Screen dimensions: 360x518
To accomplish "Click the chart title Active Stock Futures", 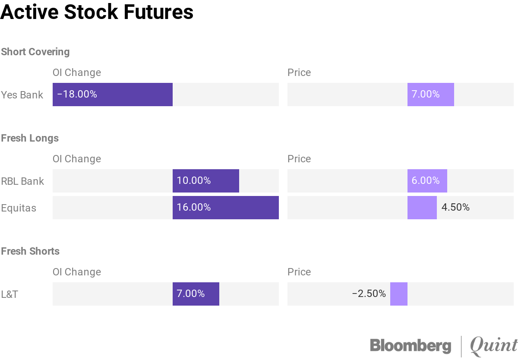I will click(x=97, y=12).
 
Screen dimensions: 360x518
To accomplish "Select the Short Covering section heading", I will click(x=35, y=52).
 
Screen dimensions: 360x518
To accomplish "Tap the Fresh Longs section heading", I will click(x=30, y=138).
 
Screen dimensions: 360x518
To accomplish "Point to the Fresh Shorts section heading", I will click(x=30, y=251).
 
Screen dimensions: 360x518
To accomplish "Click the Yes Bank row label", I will click(x=22, y=95).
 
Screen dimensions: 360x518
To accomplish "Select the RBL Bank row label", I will click(x=22, y=181).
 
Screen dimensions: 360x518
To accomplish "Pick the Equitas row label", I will click(x=19, y=208).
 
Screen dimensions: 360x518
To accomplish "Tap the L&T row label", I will click(x=9, y=294).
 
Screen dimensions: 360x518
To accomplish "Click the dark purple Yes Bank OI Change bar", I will click(x=113, y=95).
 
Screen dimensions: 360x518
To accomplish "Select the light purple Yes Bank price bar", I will click(x=430, y=95).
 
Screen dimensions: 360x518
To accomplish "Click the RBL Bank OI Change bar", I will click(x=205, y=181).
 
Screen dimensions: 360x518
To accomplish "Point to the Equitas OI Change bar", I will click(x=225, y=208).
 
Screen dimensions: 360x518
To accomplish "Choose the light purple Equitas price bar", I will click(x=422, y=208).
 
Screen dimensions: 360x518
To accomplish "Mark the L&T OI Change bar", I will click(x=196, y=294).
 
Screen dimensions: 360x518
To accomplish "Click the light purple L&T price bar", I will click(x=398, y=294).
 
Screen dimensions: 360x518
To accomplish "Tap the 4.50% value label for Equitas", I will click(x=455, y=208).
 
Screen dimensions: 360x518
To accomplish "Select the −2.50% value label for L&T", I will click(x=369, y=294).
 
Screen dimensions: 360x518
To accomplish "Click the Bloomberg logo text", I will click(x=410, y=346).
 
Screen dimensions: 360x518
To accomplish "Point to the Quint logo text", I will click(x=493, y=346).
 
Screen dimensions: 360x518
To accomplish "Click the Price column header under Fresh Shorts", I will click(x=299, y=272).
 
